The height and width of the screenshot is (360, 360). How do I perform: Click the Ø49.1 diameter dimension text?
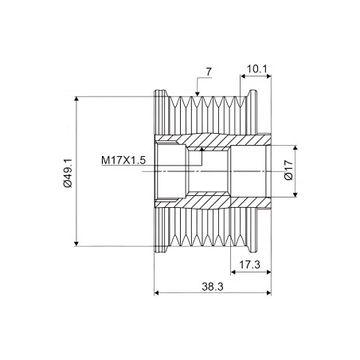pos(68,174)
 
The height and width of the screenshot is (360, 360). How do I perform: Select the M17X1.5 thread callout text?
pos(123,160)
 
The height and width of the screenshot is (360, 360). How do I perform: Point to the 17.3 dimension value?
pos(249,264)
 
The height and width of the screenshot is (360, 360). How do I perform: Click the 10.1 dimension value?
pos(256,69)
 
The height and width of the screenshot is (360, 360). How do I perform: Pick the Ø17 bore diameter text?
pos(288,170)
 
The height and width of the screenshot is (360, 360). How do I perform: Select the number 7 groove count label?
pos(209,72)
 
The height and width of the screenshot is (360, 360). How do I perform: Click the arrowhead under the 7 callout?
pos(197,94)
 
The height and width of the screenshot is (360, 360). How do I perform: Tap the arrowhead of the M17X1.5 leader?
pos(202,150)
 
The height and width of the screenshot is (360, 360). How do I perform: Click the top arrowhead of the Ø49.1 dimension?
pos(76,99)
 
